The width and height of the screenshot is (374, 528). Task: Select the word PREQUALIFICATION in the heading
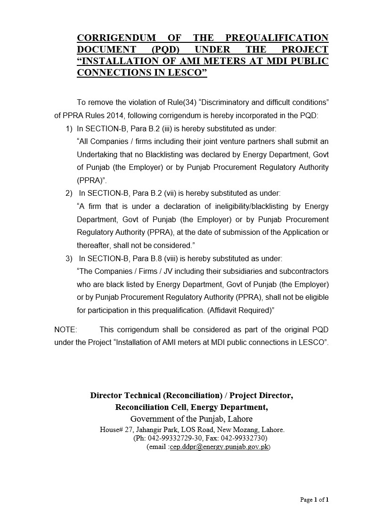pyautogui.click(x=277, y=38)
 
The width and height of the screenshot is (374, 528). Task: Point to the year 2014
pyautogui.click(x=115, y=115)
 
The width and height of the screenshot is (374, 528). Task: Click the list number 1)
pyautogui.click(x=69, y=128)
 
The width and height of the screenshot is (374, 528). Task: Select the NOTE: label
pyautogui.click(x=65, y=329)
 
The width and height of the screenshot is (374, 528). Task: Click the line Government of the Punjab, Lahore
pyautogui.click(x=191, y=419)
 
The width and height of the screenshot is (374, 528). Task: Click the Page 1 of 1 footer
pyautogui.click(x=314, y=500)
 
